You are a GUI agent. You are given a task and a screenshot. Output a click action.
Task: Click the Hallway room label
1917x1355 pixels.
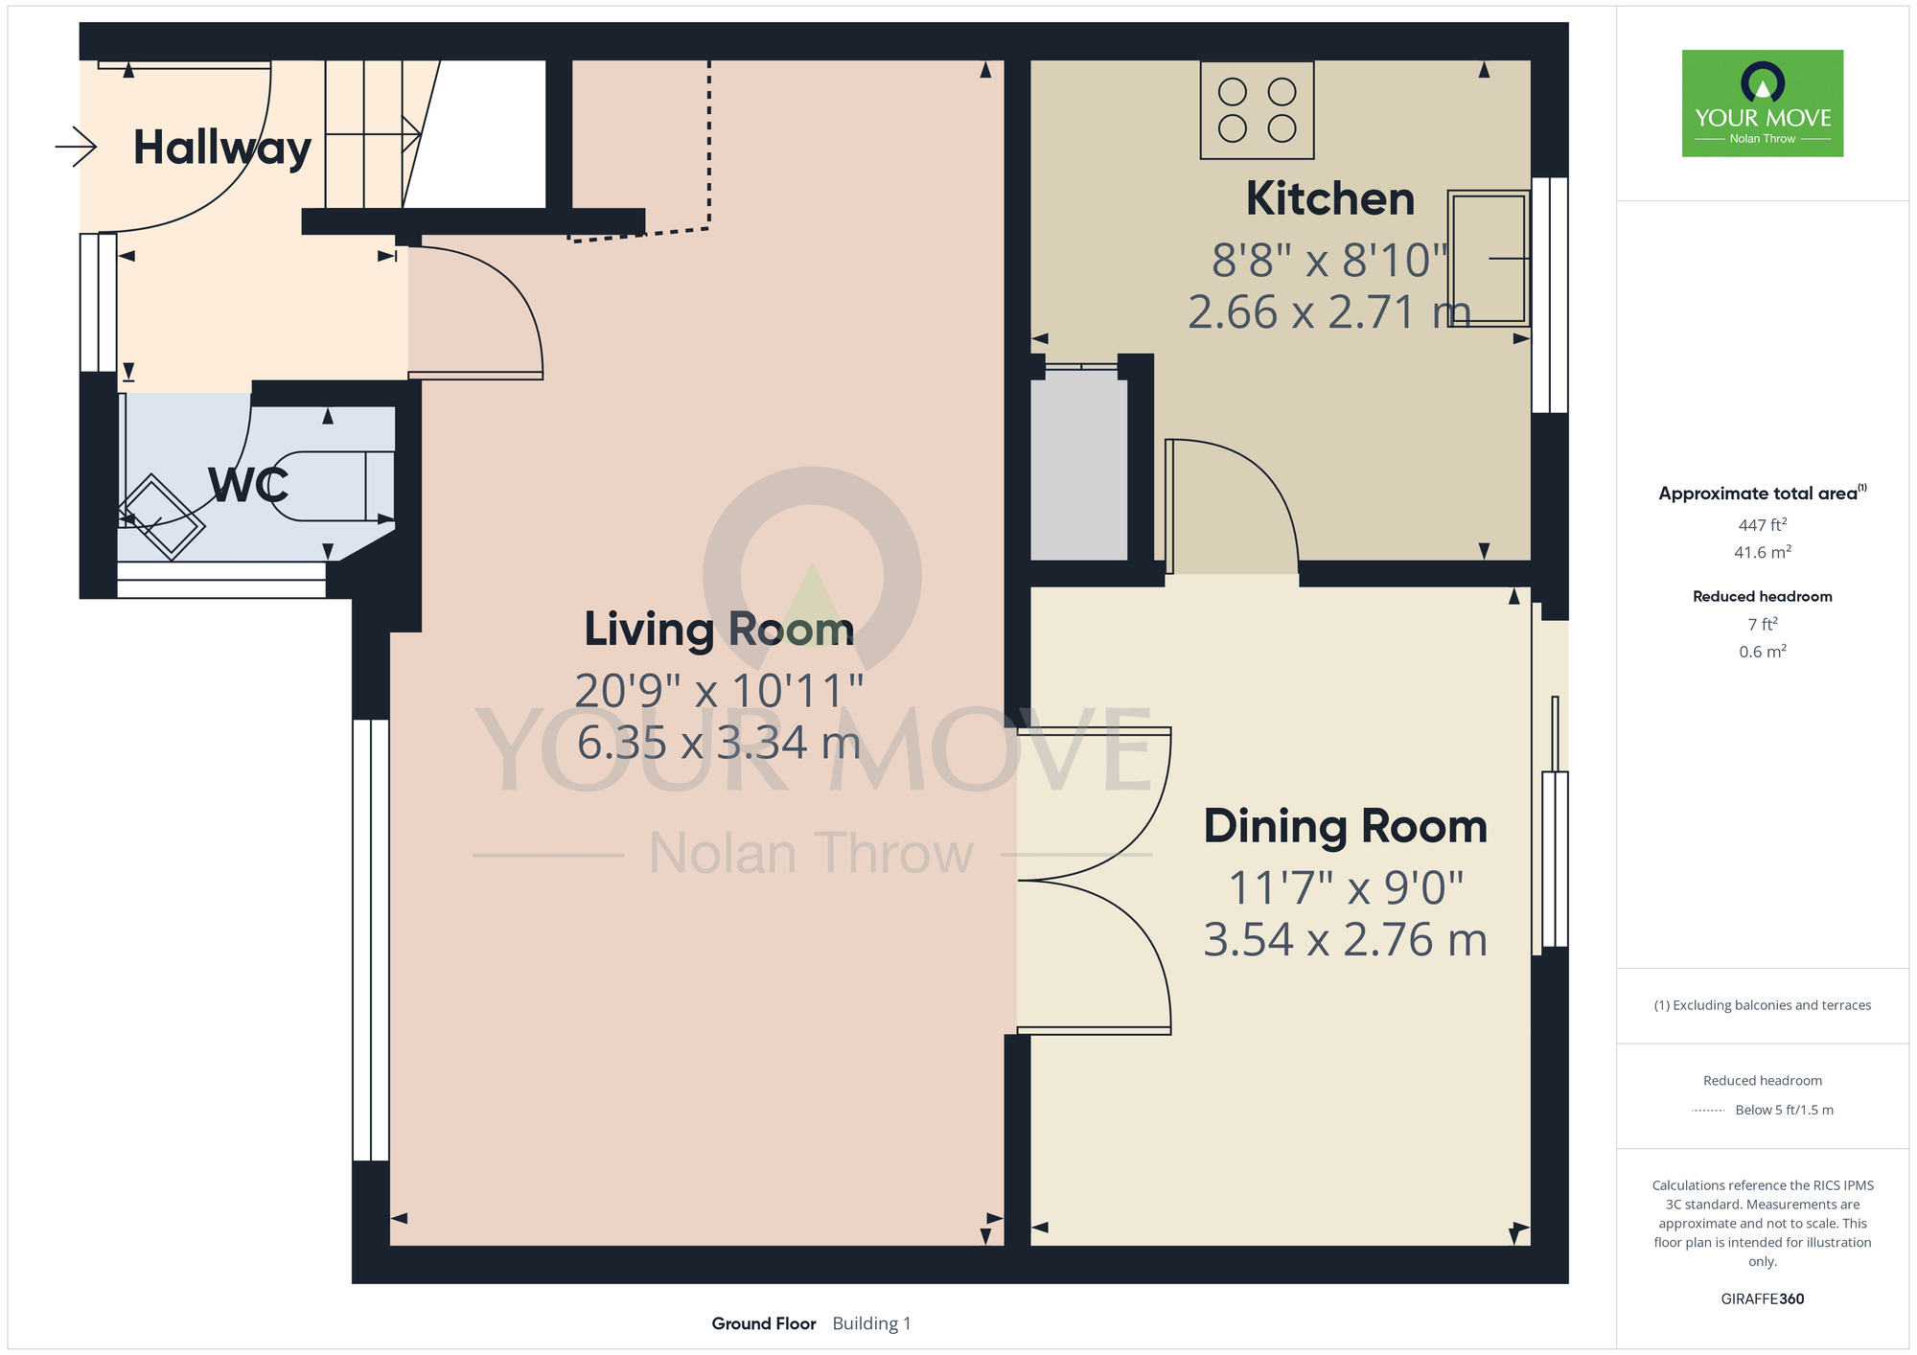222,149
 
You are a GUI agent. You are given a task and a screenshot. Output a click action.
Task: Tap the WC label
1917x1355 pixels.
248,485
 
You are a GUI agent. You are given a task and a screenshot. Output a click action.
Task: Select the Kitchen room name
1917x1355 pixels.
1330,199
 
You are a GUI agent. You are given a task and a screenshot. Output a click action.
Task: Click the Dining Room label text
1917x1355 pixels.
1346,827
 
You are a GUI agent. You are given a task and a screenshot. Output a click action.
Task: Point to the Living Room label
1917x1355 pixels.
719,630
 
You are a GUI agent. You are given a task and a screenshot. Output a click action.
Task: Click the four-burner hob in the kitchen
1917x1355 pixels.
1257,110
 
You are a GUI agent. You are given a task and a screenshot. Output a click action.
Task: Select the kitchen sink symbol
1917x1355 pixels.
1489,259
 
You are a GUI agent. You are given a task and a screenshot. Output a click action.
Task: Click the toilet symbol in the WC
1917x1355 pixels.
332,486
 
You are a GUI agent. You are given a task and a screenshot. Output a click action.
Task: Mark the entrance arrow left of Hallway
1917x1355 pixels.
76,147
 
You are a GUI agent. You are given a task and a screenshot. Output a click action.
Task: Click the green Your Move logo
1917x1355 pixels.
1763,103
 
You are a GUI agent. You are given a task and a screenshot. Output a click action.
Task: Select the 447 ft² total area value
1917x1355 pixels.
1763,525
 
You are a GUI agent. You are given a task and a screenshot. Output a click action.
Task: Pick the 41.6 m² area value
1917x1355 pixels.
1763,552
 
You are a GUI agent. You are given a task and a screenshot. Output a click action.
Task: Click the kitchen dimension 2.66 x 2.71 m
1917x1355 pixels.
1329,312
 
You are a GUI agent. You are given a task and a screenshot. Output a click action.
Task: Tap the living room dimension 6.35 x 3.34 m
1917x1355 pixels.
719,743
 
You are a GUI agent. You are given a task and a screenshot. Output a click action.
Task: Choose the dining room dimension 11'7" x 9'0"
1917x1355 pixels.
1346,888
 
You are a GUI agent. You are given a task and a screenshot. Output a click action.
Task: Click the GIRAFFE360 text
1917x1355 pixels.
1763,1299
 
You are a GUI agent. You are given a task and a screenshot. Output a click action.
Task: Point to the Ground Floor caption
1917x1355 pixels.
764,1323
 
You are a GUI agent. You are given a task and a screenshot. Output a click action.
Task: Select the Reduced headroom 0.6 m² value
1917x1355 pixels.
1763,652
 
